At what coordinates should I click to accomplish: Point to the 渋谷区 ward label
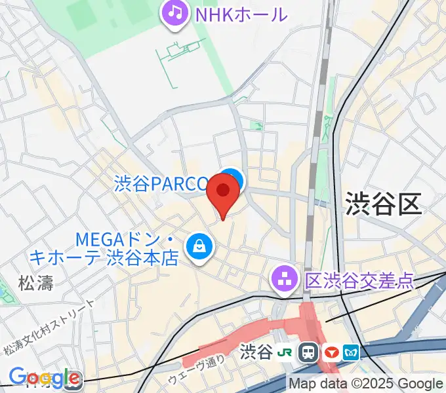pyautogui.click(x=382, y=204)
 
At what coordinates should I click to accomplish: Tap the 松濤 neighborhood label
pyautogui.click(x=35, y=283)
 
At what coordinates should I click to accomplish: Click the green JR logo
pyautogui.click(x=286, y=352)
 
